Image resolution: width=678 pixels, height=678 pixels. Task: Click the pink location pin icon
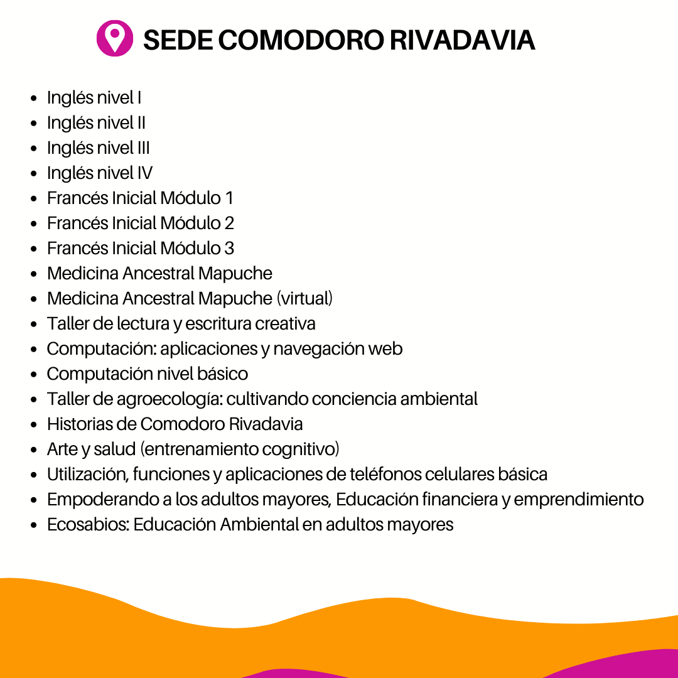click(114, 38)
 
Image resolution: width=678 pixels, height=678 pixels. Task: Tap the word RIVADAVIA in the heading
click(462, 40)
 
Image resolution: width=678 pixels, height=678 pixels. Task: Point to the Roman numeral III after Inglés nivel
click(143, 148)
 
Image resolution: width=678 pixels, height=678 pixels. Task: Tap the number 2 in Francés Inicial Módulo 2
click(229, 223)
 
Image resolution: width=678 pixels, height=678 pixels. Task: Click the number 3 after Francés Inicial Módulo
click(229, 248)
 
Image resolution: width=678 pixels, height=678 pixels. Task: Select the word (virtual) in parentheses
click(304, 298)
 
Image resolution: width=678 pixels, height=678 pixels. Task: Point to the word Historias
click(79, 424)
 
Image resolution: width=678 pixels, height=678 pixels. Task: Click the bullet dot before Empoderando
click(35, 500)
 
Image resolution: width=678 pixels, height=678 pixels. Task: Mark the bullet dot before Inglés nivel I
click(35, 99)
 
